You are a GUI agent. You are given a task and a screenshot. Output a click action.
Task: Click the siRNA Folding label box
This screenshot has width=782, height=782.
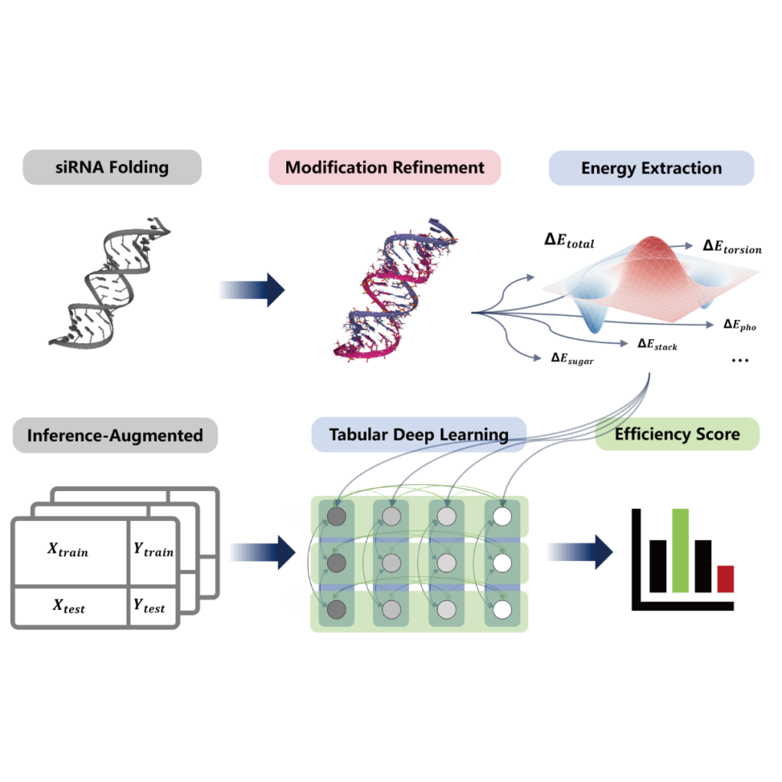(x=112, y=167)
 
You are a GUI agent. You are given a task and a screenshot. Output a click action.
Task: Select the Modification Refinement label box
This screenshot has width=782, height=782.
(x=384, y=167)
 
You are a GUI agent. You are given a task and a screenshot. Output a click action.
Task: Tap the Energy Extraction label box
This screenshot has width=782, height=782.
(x=652, y=168)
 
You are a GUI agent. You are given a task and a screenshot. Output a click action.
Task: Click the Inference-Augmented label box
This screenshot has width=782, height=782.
(x=115, y=435)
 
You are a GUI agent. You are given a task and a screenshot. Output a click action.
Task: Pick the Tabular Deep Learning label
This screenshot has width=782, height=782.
(x=419, y=434)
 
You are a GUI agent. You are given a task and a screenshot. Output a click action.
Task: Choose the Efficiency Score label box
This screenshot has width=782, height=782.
(x=678, y=434)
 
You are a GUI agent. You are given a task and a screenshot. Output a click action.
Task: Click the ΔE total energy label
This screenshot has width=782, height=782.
(x=569, y=241)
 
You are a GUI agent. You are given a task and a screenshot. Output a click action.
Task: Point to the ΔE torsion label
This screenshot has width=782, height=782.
(x=732, y=247)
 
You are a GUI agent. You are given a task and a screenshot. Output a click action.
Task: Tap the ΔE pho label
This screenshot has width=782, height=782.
(x=740, y=325)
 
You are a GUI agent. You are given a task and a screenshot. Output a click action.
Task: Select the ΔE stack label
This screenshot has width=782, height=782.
(x=658, y=345)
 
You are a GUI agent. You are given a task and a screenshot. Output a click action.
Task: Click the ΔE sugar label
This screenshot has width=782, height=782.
(x=572, y=358)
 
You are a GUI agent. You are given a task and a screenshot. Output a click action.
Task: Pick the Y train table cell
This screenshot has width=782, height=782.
(x=153, y=552)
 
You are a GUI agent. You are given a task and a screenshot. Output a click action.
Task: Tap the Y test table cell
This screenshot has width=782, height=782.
(x=153, y=606)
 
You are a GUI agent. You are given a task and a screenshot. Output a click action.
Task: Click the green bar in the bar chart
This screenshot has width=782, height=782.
(x=680, y=550)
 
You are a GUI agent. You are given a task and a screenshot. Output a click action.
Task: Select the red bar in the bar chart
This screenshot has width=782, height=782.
(x=726, y=579)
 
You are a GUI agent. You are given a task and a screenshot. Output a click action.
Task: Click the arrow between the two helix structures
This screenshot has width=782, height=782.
(x=252, y=290)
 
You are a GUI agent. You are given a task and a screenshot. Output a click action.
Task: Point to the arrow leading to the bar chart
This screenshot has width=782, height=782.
(x=580, y=552)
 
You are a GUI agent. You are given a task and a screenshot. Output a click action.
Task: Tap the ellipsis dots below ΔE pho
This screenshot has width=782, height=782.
(x=740, y=360)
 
